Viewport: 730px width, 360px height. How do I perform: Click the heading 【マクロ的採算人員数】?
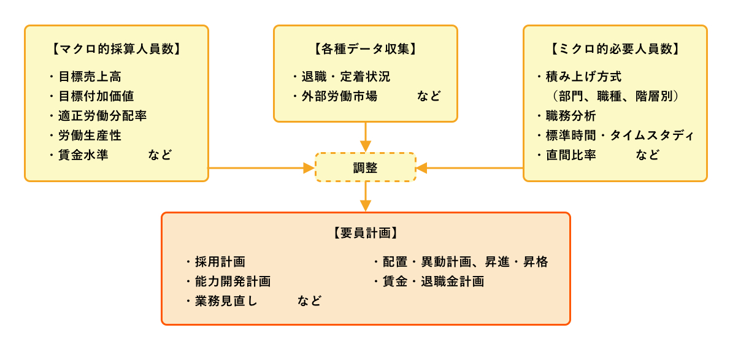pyautogui.click(x=117, y=49)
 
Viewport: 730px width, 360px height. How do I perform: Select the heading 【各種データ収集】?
pyautogui.click(x=365, y=49)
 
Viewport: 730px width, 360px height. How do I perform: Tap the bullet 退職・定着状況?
pyautogui.click(x=346, y=77)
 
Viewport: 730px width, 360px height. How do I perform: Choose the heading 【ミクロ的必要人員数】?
pyautogui.click(x=615, y=49)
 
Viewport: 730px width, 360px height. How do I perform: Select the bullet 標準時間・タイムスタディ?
pyautogui.click(x=620, y=136)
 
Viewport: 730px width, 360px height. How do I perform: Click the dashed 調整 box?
pyautogui.click(x=366, y=167)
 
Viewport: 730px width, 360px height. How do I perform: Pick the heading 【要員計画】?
pyautogui.click(x=365, y=233)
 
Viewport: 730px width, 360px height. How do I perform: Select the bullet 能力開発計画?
pyautogui.click(x=232, y=281)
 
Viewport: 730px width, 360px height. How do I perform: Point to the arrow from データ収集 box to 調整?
pyautogui.click(x=366, y=136)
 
